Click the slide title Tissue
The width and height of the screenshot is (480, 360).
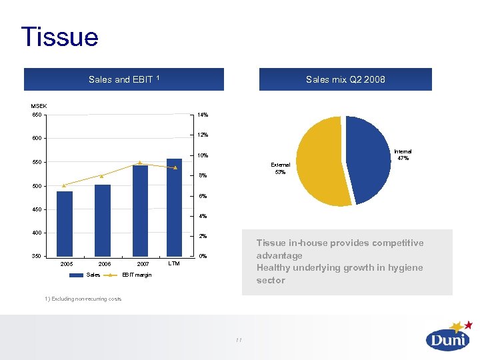pyautogui.click(x=59, y=37)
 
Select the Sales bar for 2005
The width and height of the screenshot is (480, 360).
pyautogui.click(x=65, y=223)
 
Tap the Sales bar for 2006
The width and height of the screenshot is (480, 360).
pyautogui.click(x=103, y=220)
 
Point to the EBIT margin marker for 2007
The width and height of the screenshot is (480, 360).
pyautogui.click(x=140, y=163)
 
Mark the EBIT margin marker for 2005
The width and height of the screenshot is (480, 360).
pyautogui.click(x=64, y=185)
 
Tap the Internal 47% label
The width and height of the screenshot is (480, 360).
pyautogui.click(x=403, y=155)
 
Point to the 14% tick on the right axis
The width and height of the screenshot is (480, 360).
pyautogui.click(x=203, y=115)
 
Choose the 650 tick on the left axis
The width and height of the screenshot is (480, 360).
pyautogui.click(x=37, y=115)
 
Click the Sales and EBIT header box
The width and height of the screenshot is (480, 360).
pyautogui.click(x=123, y=79)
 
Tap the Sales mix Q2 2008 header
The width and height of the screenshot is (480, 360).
pyautogui.click(x=345, y=79)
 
